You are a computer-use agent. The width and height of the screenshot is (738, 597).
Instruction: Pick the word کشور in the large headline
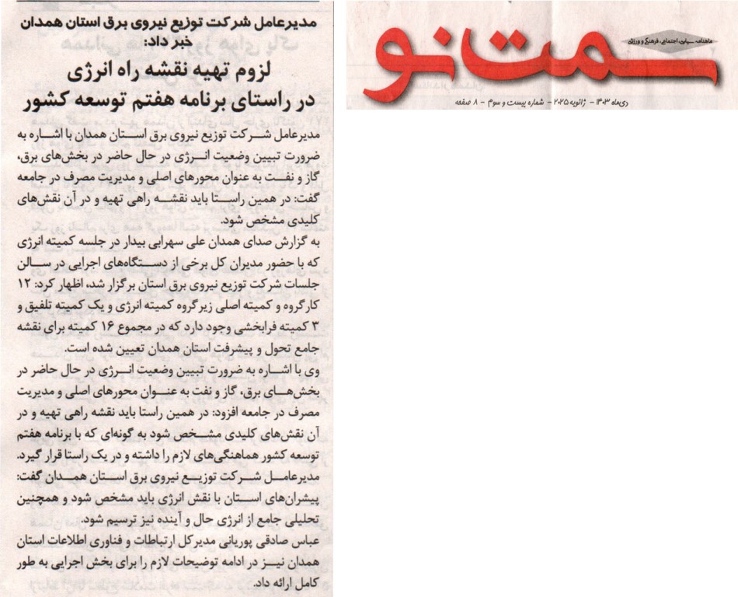56,101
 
